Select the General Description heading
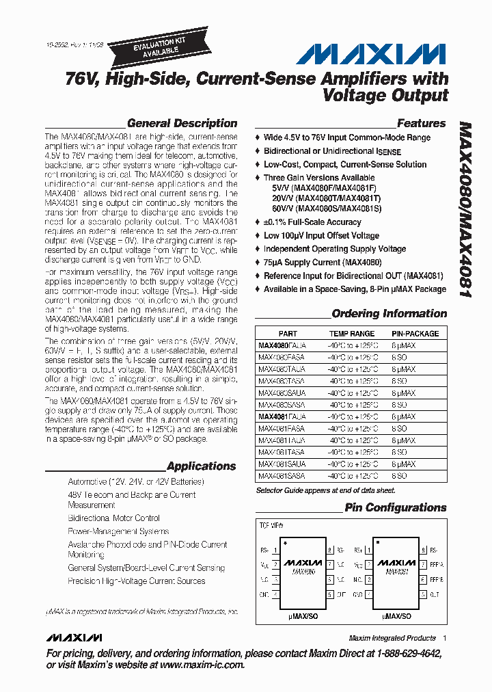click(182, 124)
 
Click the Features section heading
click(421, 124)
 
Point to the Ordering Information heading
click(389, 314)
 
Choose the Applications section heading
click(201, 466)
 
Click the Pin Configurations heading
click(395, 507)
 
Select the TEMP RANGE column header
click(351, 334)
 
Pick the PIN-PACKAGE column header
click(415, 334)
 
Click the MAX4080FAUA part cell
click(282, 346)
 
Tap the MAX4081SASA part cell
click(282, 475)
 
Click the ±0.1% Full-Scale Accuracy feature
click(312, 222)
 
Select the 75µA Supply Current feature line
click(323, 263)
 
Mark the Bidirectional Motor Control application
click(113, 518)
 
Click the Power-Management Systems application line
click(118, 531)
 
